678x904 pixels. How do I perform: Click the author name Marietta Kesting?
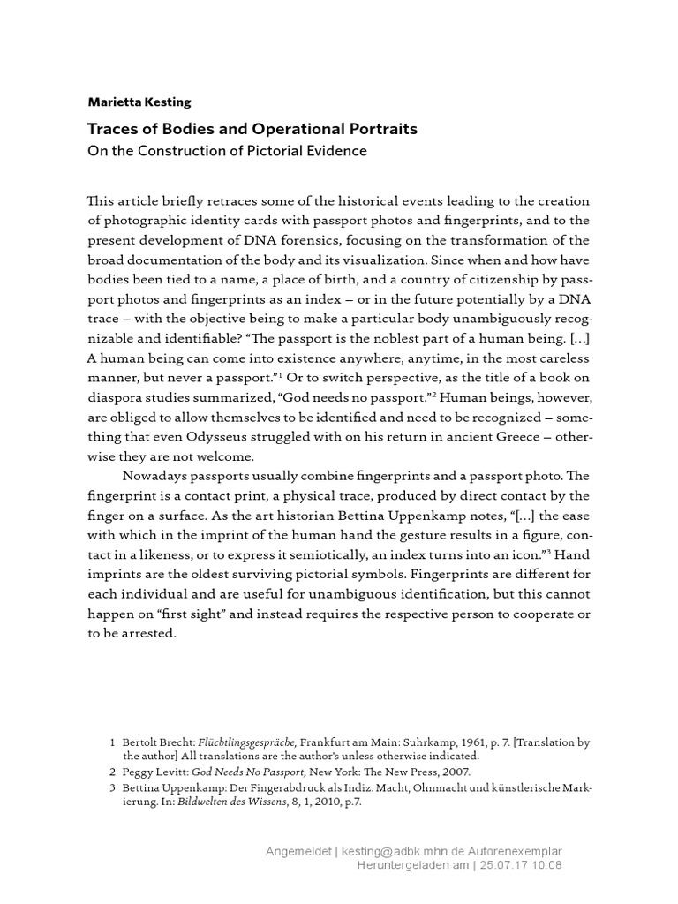click(x=138, y=102)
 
